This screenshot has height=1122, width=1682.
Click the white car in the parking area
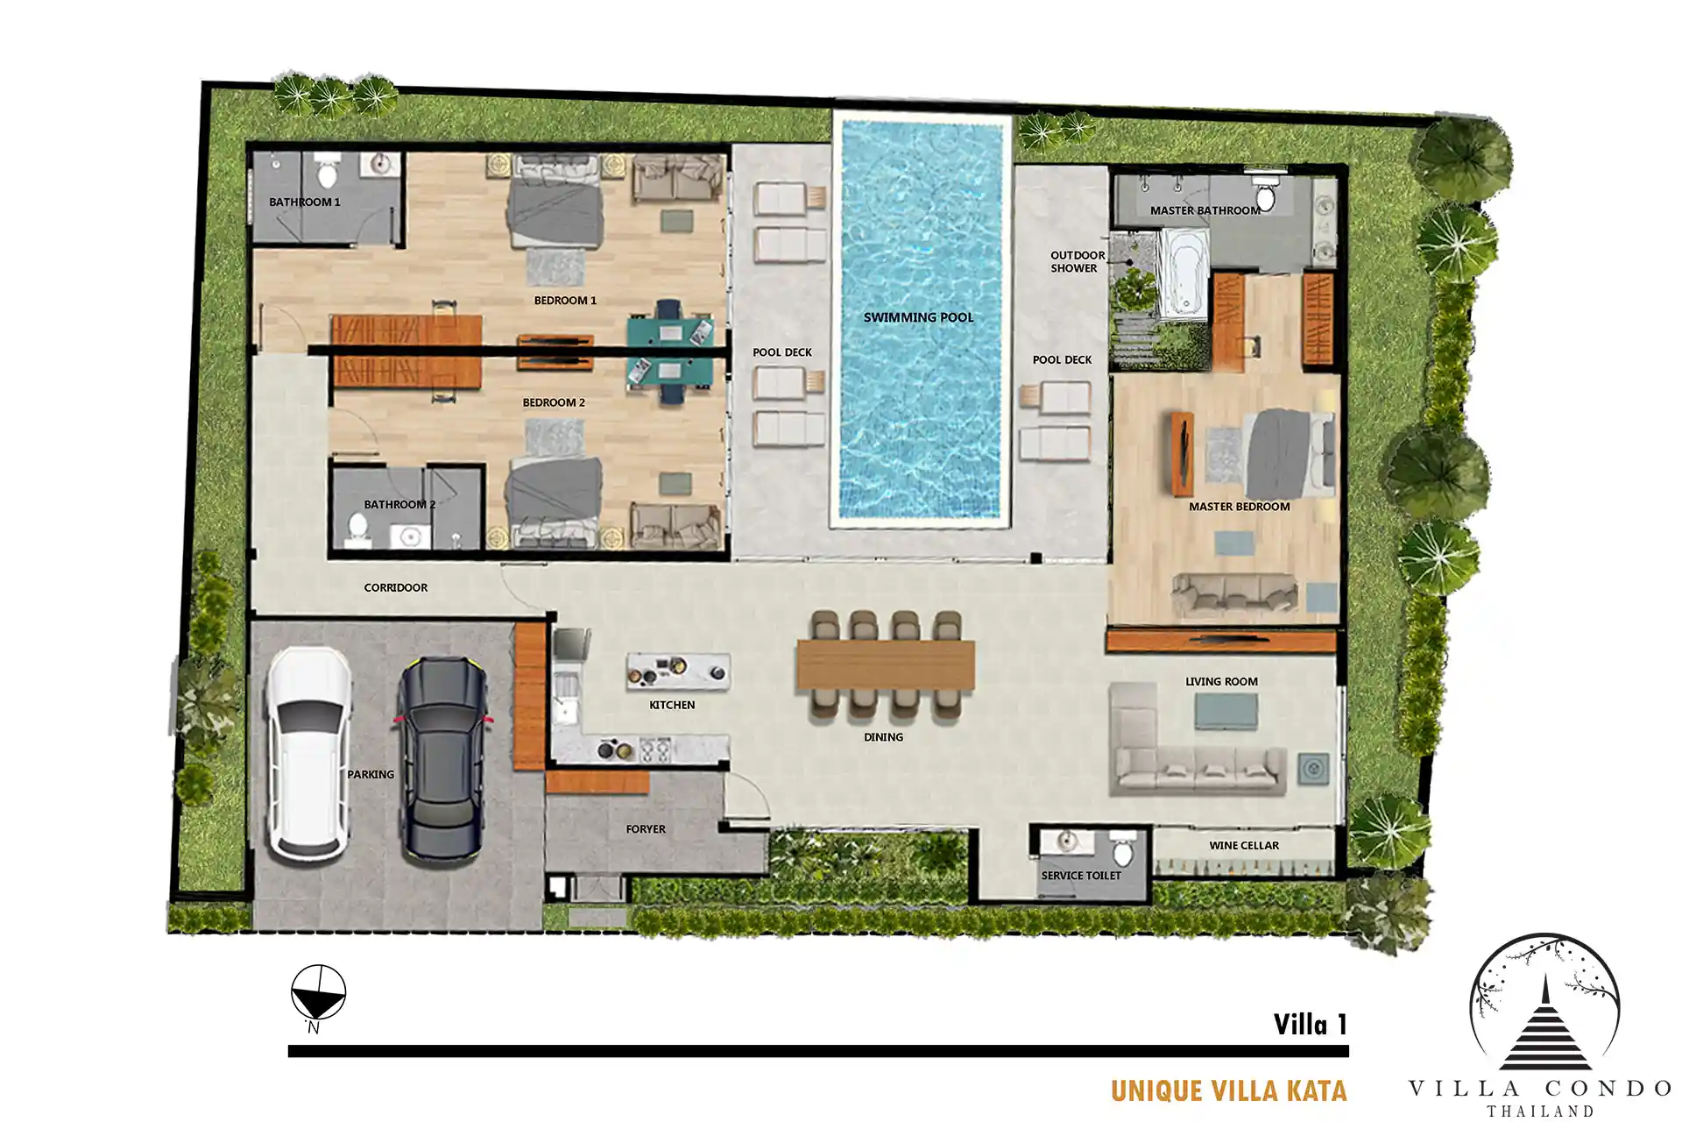point(309,755)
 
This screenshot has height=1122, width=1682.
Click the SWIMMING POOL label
point(918,317)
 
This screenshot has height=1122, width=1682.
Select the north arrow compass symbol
point(318,994)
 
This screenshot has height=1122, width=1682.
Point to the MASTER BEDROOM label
point(1239,507)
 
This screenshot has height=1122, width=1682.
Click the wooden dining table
point(886,665)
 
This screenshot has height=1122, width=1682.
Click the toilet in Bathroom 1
point(327,171)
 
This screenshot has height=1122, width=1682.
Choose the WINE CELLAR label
point(1244,846)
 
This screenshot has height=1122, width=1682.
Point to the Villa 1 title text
point(1310,1024)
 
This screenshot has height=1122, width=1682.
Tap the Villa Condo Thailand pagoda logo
point(1544,1008)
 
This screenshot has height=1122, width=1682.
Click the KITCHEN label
point(672,705)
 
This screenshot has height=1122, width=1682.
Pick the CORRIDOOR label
point(396,587)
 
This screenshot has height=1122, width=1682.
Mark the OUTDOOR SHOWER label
point(1077,262)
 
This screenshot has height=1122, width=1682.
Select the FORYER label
point(646,829)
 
